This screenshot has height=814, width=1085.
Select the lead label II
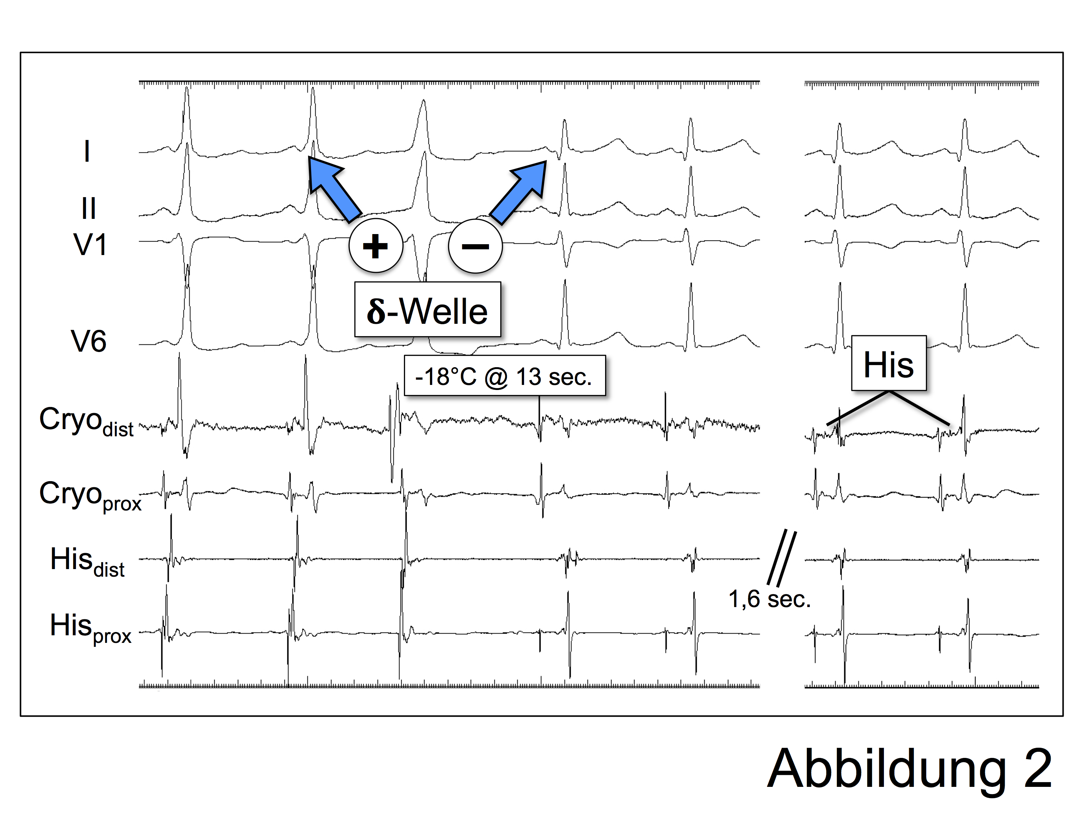88,208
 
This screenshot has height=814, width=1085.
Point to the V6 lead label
88,341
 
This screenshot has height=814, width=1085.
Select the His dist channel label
87,561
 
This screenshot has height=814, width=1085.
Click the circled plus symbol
376,245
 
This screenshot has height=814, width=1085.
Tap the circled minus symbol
475,246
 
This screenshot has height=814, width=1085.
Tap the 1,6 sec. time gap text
769,599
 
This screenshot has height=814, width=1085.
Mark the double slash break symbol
782,558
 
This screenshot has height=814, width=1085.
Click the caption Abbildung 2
909,768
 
